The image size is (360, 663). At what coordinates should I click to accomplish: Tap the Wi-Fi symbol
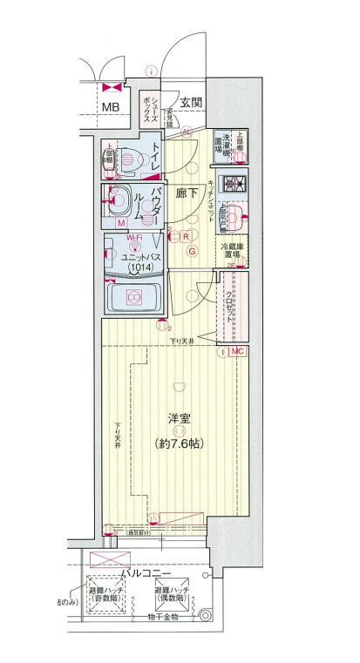click(x=134, y=237)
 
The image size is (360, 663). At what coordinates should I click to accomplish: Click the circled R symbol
click(x=187, y=235)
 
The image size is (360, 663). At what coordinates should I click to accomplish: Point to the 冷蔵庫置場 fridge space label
click(x=231, y=253)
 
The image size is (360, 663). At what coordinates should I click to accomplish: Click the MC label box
click(x=238, y=351)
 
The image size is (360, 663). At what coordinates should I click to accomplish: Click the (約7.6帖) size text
click(x=179, y=443)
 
